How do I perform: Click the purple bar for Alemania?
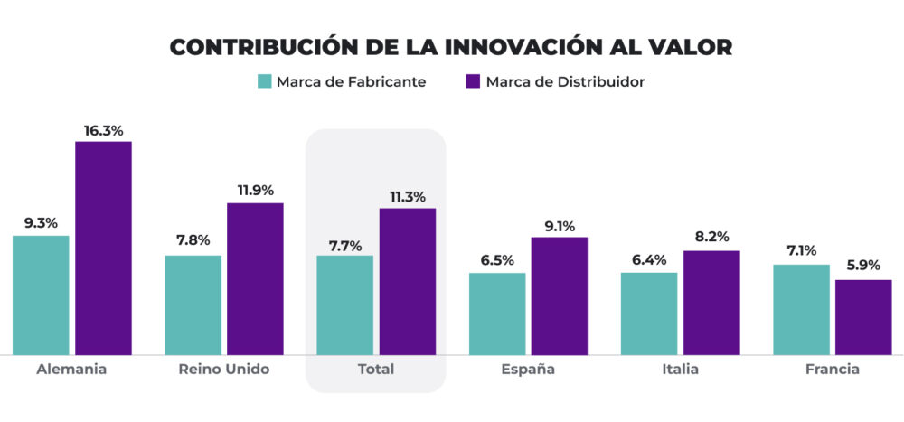tap(103, 248)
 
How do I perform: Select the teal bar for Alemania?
tap(41, 295)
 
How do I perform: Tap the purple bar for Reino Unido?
tap(255, 278)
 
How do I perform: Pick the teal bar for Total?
tap(344, 305)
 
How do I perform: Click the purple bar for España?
tap(559, 295)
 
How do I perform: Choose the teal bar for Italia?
tap(649, 314)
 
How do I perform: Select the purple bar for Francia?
tap(863, 317)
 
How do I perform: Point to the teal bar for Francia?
tap(801, 309)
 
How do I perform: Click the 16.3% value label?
tap(103, 130)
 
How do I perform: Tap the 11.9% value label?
tap(255, 191)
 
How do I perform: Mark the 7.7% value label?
tap(344, 244)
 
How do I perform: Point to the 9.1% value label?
tap(559, 226)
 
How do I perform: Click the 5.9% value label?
tap(863, 268)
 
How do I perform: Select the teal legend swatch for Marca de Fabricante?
tap(264, 81)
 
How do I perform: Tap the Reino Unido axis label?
tap(224, 370)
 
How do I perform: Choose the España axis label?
tap(528, 370)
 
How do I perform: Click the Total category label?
tap(376, 370)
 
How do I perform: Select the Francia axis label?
tap(832, 370)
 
